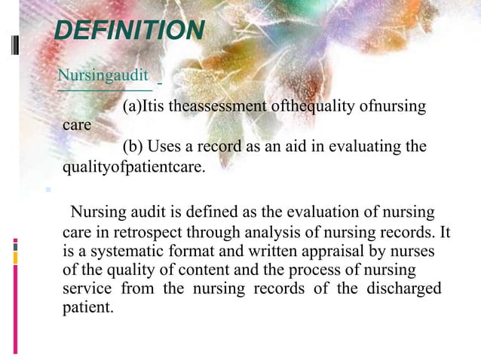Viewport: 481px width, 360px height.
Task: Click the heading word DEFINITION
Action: [x=130, y=31]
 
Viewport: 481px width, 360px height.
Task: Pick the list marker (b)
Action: [x=133, y=146]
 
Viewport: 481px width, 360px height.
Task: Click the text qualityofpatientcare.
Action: [x=133, y=166]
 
